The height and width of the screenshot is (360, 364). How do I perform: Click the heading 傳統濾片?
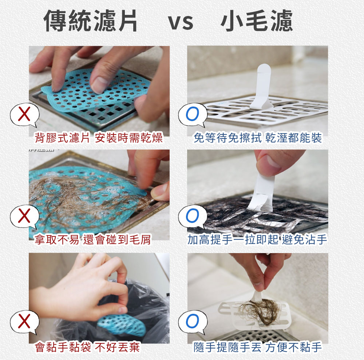(x=91, y=21)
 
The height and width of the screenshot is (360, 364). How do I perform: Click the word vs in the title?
(x=181, y=22)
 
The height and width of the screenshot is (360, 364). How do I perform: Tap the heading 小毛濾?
(x=257, y=21)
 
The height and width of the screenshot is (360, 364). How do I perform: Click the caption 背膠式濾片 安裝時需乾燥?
(x=98, y=138)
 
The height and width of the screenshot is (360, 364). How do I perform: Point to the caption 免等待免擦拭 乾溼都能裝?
(x=258, y=138)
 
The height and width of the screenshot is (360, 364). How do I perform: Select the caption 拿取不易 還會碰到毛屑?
(x=92, y=239)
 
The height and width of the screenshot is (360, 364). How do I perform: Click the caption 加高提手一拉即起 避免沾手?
(x=257, y=239)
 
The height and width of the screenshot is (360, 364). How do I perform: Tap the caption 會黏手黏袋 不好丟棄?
(x=87, y=348)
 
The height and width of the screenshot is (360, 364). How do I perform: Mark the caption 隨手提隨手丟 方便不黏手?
(x=258, y=348)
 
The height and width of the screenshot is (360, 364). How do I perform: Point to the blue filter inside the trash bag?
(x=122, y=324)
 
